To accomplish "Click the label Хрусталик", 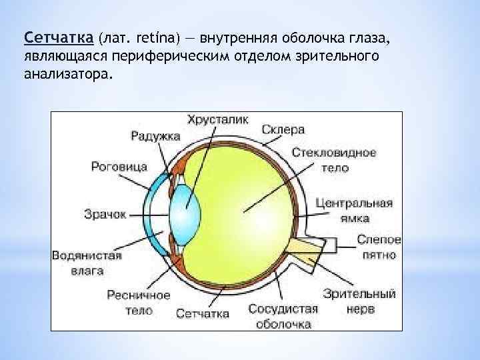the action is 217,120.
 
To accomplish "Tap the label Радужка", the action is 155,136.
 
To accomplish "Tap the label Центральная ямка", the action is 353,210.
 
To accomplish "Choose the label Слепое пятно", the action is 379,247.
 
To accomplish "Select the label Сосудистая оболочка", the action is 283,316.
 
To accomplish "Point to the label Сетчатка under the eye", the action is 203,313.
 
